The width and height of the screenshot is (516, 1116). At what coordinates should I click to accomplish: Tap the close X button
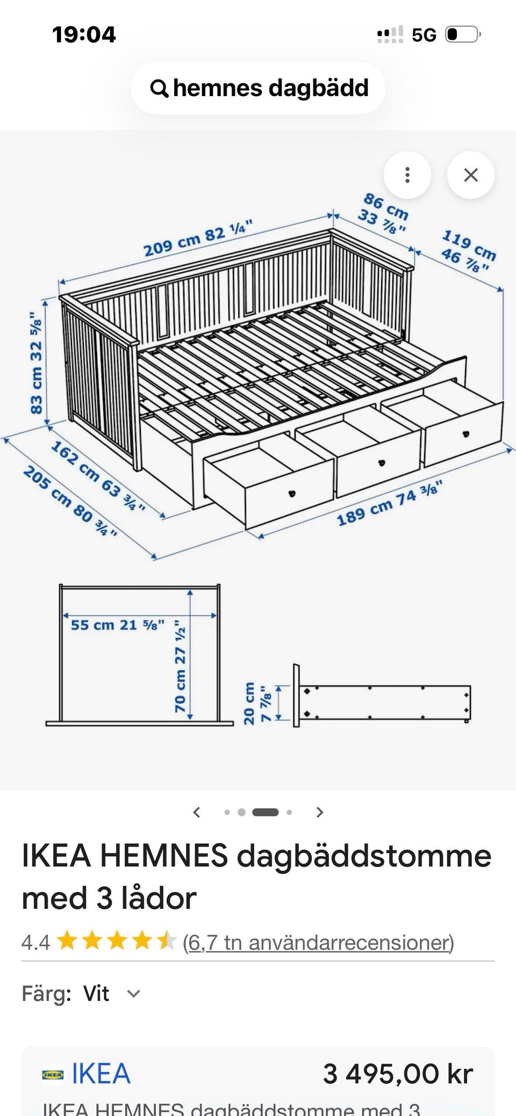point(471,175)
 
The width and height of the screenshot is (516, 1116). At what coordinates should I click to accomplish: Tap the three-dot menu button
point(407,175)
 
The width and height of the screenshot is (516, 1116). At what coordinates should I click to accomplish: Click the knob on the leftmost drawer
point(292,492)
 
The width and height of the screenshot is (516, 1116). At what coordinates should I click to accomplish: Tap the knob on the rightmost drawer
point(465,433)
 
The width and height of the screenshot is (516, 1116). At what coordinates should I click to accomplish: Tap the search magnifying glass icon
point(159,88)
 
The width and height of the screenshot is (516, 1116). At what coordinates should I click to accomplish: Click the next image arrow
point(320,812)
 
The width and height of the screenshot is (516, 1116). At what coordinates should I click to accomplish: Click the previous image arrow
point(197,812)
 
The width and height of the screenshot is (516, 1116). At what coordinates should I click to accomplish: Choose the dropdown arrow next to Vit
point(133,994)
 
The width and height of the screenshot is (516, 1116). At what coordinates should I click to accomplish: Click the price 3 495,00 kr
point(398,1074)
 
